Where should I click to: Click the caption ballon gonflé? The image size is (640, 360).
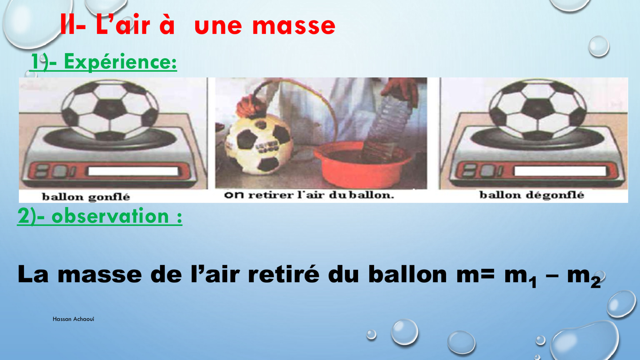pyautogui.click(x=86, y=197)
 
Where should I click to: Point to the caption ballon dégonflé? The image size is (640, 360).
pyautogui.click(x=532, y=195)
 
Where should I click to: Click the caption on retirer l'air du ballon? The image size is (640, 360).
pyautogui.click(x=309, y=195)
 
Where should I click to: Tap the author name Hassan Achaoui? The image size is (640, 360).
pyautogui.click(x=73, y=319)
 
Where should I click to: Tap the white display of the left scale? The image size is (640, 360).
pyautogui.click(x=133, y=171)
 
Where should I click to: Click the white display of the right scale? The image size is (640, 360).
pyautogui.click(x=560, y=171)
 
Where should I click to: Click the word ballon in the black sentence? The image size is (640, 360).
pyautogui.click(x=408, y=274)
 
